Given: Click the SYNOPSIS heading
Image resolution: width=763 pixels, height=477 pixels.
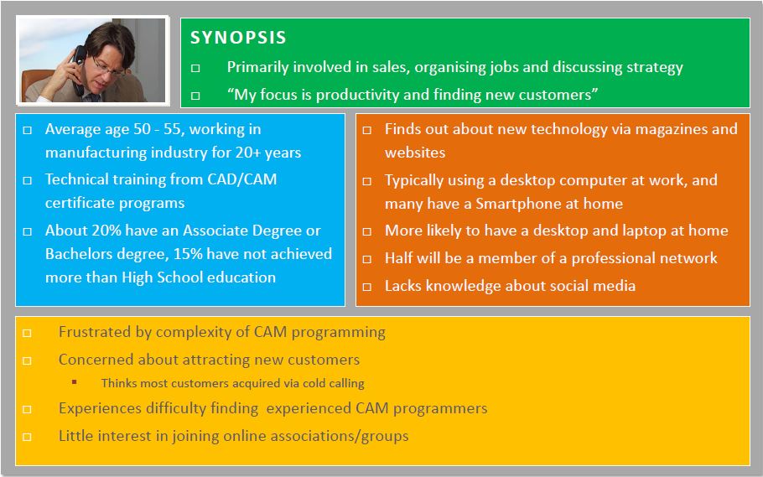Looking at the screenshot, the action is click(238, 38).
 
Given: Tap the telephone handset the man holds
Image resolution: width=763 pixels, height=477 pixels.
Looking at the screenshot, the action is click(78, 69).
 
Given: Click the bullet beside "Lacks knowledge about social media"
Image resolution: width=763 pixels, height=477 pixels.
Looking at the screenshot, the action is click(367, 287).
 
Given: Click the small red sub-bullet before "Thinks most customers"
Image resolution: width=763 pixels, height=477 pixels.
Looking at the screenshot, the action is click(75, 382).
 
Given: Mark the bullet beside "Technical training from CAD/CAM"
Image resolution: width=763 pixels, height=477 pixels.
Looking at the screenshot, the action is click(28, 180).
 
